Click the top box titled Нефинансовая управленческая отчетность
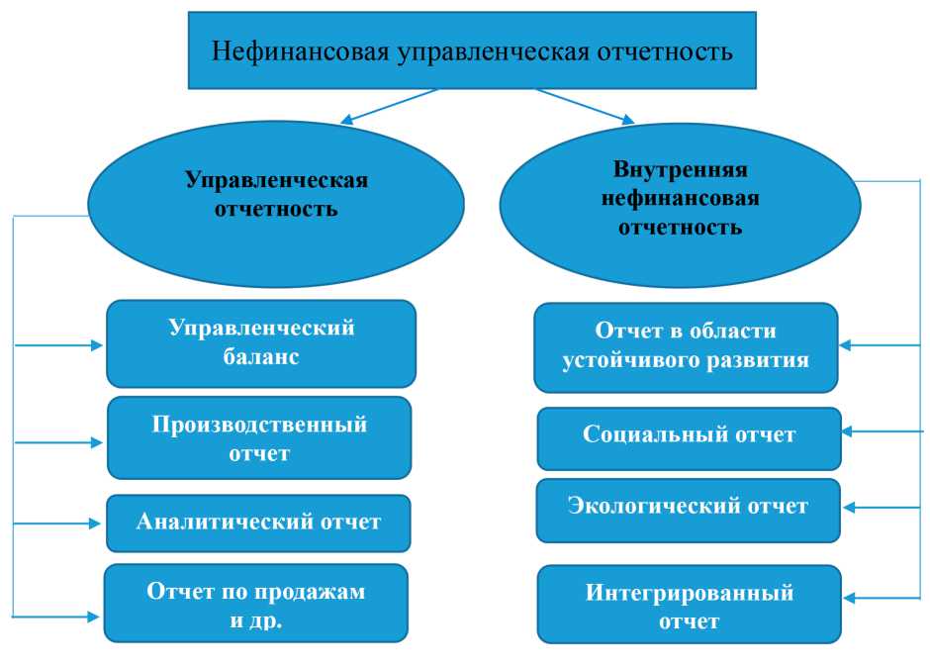472,49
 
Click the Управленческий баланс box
261,342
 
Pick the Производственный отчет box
259,438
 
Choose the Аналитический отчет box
258,523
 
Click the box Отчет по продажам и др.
256,603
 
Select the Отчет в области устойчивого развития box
686,346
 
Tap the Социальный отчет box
689,435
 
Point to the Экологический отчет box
688,509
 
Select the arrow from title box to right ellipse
585,106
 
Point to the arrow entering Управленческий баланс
59,345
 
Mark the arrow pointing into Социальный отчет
883,431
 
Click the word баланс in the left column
261,358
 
